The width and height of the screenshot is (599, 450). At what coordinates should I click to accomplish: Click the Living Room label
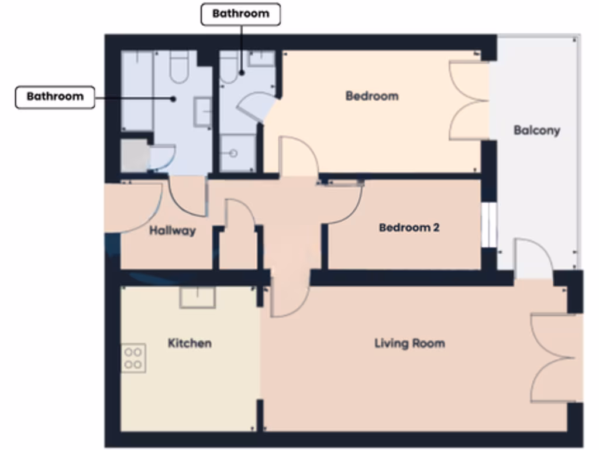(409, 343)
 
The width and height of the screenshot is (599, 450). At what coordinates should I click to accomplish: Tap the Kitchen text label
(190, 343)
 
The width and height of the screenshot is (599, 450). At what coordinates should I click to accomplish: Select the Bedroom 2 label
(409, 227)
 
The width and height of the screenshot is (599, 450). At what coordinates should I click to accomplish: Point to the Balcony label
(536, 130)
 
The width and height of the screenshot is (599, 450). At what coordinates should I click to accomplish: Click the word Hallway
(172, 231)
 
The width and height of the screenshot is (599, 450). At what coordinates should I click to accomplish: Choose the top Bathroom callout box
(240, 14)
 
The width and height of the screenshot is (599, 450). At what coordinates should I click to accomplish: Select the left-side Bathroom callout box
(55, 97)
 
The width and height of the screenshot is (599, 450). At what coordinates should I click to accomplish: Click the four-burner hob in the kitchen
(133, 358)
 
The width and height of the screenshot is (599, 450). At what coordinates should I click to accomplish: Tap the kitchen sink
(197, 297)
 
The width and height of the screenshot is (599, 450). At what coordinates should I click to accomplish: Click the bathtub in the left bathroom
(137, 91)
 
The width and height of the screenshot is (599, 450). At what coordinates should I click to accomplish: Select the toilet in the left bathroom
(178, 66)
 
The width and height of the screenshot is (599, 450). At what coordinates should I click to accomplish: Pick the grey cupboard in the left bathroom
(134, 156)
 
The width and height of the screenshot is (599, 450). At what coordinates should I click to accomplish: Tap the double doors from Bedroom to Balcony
(469, 100)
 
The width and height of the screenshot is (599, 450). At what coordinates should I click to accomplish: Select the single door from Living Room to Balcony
(532, 258)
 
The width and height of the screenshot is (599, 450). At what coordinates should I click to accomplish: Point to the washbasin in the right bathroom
(261, 59)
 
